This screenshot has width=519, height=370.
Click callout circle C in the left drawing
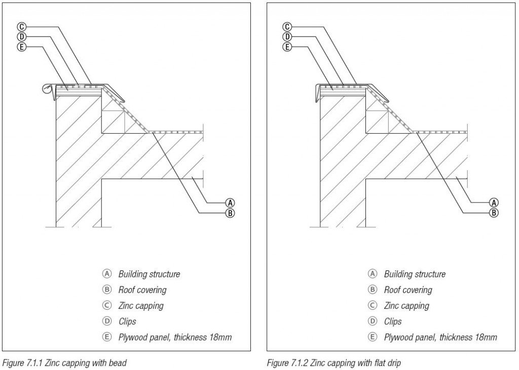tap(22, 26)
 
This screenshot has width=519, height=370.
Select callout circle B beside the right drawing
tap(494, 213)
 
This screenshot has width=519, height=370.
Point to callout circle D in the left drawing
tap(22, 36)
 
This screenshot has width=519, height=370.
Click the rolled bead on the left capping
tap(48, 90)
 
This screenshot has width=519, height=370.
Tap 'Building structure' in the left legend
tap(149, 274)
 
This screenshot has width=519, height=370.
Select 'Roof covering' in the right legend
tap(407, 290)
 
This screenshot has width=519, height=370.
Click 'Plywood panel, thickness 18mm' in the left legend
tap(175, 337)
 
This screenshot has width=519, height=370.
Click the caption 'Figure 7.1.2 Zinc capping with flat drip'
tap(330, 362)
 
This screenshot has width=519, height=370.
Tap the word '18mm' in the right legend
tap(485, 337)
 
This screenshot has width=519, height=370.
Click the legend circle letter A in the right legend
tap(372, 274)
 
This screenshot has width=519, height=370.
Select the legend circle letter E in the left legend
tap(106, 337)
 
